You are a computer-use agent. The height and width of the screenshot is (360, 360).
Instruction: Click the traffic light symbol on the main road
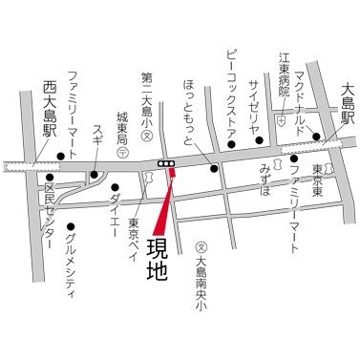(x=167, y=164)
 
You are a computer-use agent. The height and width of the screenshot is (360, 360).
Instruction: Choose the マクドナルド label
(x=307, y=99)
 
